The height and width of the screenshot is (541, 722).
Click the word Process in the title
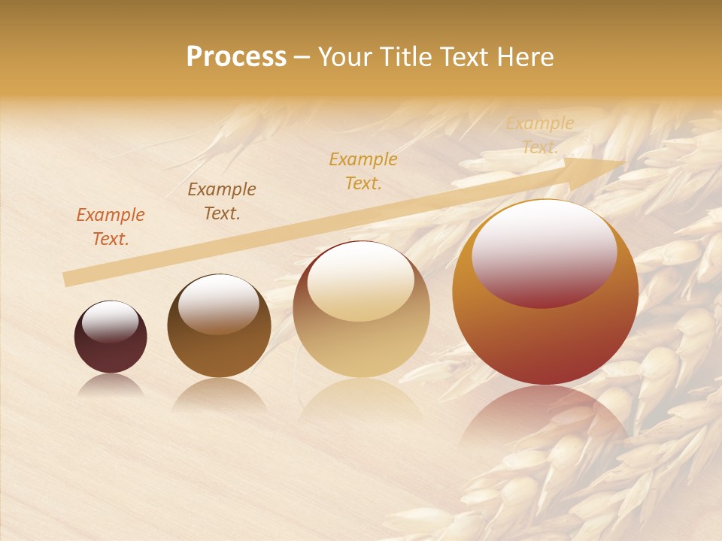(x=236, y=57)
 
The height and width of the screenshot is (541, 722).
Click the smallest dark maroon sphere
(x=111, y=337)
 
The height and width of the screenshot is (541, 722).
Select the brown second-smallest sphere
(x=219, y=326)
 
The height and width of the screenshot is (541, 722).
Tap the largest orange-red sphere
(x=545, y=293)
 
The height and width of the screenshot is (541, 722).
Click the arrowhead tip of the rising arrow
(x=624, y=162)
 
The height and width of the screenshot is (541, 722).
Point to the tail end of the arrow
(x=65, y=280)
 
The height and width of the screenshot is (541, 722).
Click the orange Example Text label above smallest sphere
(x=111, y=227)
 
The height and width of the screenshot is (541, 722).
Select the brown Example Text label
(x=222, y=201)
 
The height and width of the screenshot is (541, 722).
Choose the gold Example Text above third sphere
(x=363, y=171)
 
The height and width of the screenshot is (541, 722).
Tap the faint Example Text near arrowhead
(x=540, y=135)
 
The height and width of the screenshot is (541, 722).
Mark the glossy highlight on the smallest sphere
(x=111, y=322)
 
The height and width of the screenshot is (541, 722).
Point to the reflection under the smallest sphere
(x=111, y=385)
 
